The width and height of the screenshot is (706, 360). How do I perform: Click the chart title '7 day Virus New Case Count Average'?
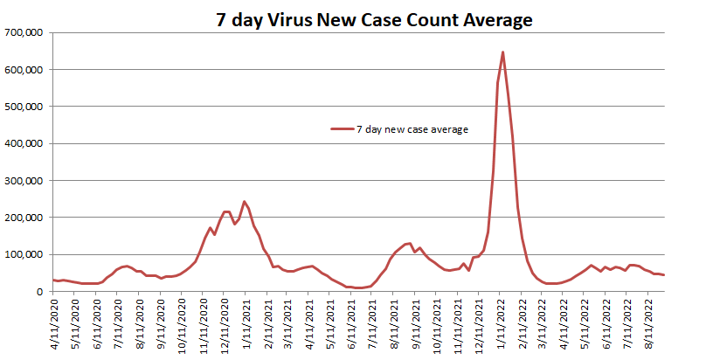pyautogui.click(x=374, y=20)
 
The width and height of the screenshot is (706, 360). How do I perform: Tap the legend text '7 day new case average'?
pyautogui.click(x=412, y=129)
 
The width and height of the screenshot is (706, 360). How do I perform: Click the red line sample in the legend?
pyautogui.click(x=342, y=129)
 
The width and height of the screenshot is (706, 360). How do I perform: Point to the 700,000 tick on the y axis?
pyautogui.click(x=24, y=32)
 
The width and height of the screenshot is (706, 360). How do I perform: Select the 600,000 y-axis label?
pyautogui.click(x=24, y=69)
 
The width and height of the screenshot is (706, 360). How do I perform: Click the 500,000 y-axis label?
pyautogui.click(x=24, y=107)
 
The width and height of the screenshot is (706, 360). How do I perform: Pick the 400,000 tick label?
pyautogui.click(x=24, y=143)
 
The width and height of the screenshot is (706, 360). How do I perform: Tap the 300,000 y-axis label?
pyautogui.click(x=24, y=181)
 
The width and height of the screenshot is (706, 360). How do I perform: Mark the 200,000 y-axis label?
pyautogui.click(x=24, y=218)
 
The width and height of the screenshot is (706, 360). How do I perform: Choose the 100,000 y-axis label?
pyautogui.click(x=24, y=255)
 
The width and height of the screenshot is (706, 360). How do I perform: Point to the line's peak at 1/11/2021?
pyautogui.click(x=245, y=202)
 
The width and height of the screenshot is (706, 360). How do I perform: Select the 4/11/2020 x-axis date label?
pyautogui.click(x=54, y=322)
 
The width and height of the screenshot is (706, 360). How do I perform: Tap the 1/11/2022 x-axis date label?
pyautogui.click(x=502, y=322)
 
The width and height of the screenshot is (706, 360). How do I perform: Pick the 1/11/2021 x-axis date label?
pyautogui.click(x=246, y=322)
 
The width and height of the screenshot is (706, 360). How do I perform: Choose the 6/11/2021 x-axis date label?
pyautogui.click(x=353, y=322)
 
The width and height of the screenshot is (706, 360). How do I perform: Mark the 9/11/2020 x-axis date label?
pyautogui.click(x=161, y=322)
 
